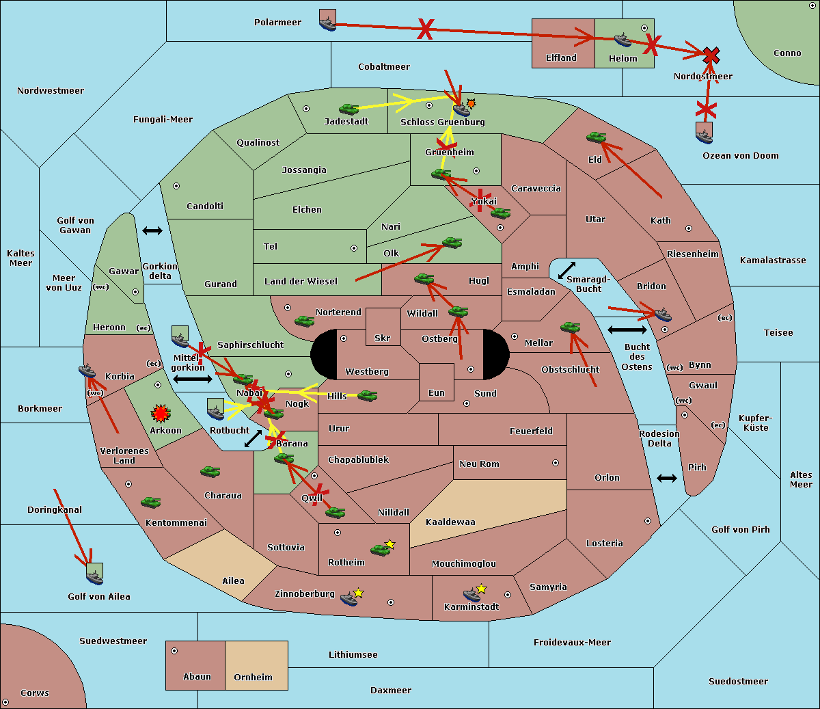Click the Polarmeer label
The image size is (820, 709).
(277, 23)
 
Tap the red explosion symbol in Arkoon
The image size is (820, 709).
(161, 413)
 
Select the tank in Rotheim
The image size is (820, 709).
(380, 550)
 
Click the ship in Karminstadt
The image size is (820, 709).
(471, 595)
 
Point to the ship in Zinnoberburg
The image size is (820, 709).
(349, 599)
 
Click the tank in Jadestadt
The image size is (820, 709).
(348, 109)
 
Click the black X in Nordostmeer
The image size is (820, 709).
(711, 55)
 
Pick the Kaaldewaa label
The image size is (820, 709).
(450, 522)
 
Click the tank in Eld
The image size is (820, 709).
(597, 137)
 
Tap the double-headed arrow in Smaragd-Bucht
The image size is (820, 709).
(566, 270)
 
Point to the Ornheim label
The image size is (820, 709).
(253, 677)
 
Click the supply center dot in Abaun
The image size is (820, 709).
(174, 651)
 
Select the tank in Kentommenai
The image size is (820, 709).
(151, 502)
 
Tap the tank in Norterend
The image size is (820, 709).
(304, 321)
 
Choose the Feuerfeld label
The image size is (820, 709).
(531, 431)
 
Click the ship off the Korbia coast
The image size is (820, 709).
(87, 371)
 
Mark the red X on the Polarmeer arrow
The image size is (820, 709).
(425, 29)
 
